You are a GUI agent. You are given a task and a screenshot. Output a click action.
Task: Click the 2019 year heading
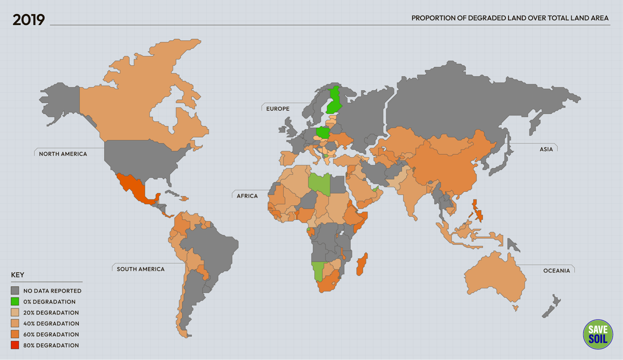pyautogui.click(x=28, y=20)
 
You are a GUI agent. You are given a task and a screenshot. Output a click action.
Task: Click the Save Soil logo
pyautogui.click(x=598, y=334)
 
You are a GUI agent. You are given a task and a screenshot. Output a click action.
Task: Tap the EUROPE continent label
pyautogui.click(x=278, y=109)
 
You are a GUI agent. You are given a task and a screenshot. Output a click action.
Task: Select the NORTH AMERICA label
pyautogui.click(x=63, y=154)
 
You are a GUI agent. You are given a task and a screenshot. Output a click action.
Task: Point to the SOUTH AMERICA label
pyautogui.click(x=141, y=269)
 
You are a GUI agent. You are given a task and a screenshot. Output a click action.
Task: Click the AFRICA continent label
pyautogui.click(x=247, y=196)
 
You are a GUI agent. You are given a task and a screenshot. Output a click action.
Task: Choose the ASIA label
pyautogui.click(x=546, y=149)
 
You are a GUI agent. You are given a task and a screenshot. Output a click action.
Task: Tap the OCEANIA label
pyautogui.click(x=556, y=271)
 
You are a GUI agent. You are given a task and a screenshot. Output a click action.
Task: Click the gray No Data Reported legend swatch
pyautogui.click(x=15, y=291)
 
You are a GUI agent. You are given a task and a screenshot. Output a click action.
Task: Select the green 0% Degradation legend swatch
pyautogui.click(x=15, y=302)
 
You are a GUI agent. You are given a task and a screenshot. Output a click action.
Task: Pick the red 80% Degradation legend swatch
pyautogui.click(x=15, y=345)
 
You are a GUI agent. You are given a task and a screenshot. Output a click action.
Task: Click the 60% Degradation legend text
pyautogui.click(x=51, y=334)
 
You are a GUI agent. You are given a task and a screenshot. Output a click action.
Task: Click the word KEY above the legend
pyautogui.click(x=18, y=275)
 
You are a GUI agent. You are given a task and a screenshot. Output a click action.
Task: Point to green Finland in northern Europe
pyautogui.click(x=334, y=101)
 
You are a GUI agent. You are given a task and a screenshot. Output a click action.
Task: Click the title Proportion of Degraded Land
pyautogui.click(x=510, y=18)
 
